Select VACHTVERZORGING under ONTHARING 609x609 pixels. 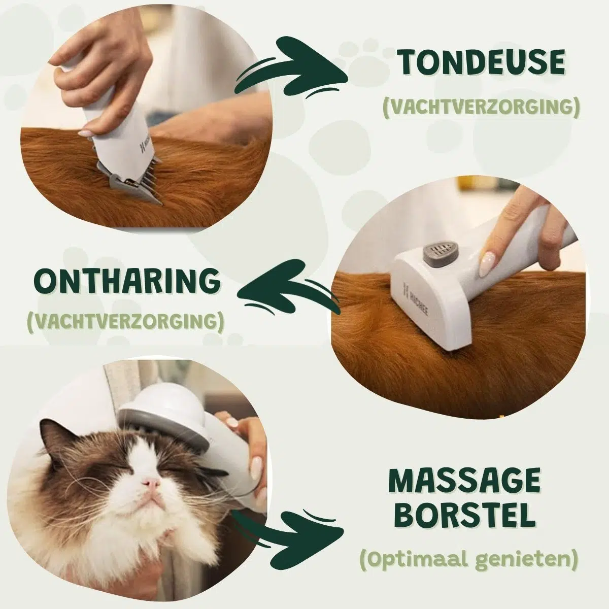pyautogui.click(x=126, y=321)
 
